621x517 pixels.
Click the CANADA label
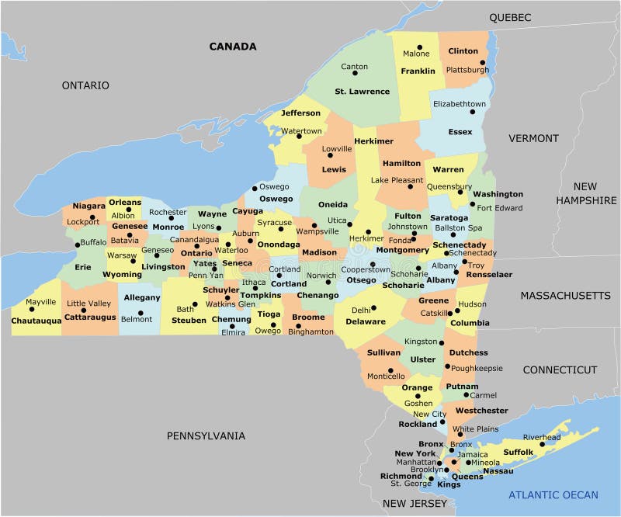point(232,47)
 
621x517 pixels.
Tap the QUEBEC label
point(509,17)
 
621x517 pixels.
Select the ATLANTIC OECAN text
point(553,494)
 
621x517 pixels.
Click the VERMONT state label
point(533,138)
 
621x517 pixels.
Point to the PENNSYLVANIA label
point(206,435)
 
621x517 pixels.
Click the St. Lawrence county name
point(362,92)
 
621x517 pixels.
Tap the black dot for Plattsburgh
point(482,63)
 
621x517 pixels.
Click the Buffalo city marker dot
point(77,244)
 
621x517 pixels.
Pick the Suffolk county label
point(518,452)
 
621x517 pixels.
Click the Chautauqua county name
point(36,321)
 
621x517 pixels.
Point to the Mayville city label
point(40,301)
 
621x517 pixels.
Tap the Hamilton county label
point(401,164)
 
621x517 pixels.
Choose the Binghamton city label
point(310,331)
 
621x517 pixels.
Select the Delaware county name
point(365,321)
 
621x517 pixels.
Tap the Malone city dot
point(419,47)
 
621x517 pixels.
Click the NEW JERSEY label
point(415,504)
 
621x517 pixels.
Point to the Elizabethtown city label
point(460,104)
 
